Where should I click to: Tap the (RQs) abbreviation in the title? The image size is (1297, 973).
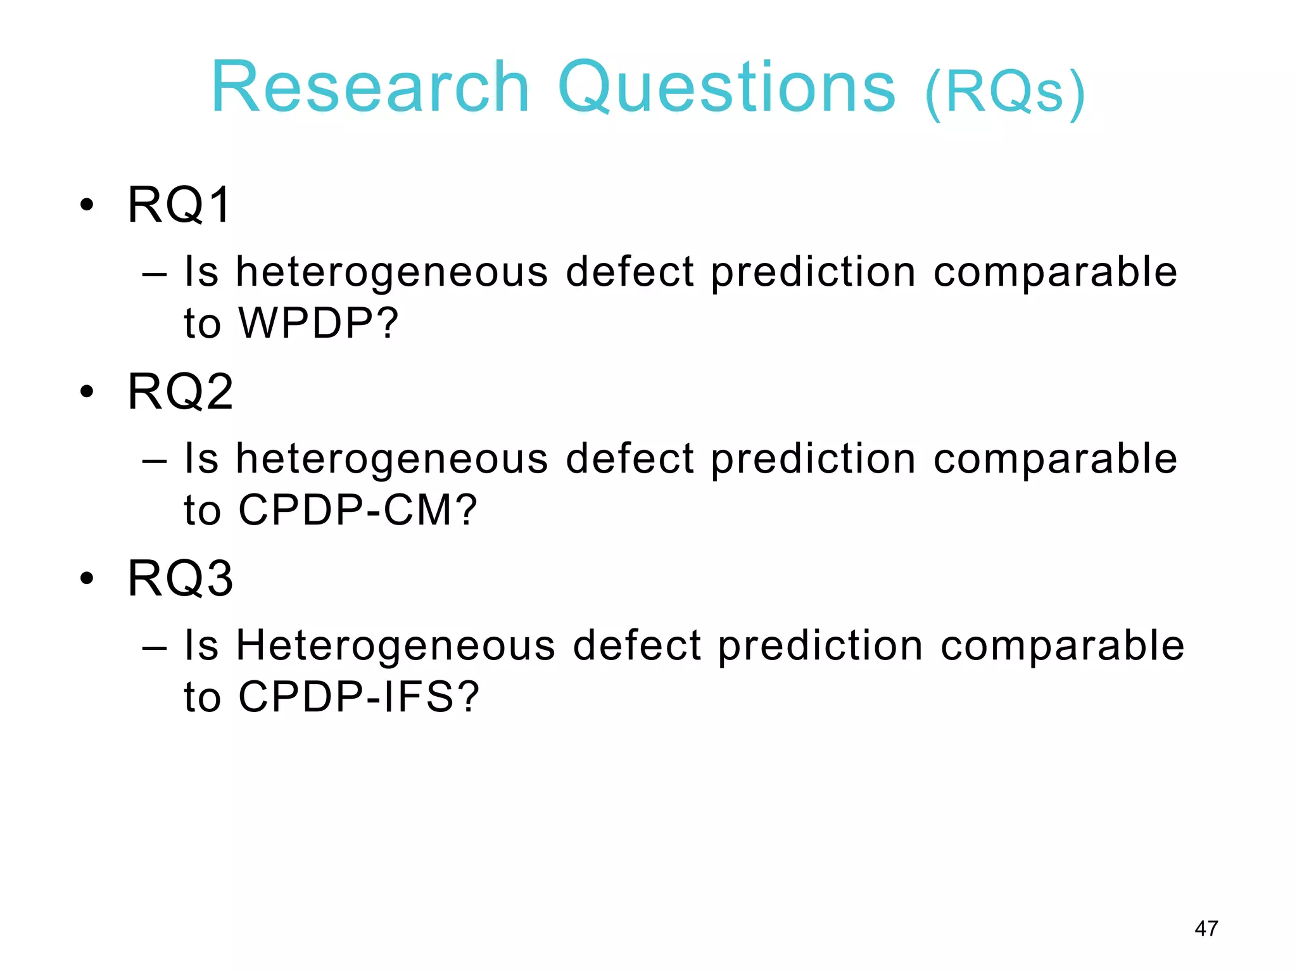point(1005,93)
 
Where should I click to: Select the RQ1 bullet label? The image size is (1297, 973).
point(179,205)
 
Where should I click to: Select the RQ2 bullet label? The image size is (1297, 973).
point(180,391)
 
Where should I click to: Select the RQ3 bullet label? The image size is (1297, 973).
point(180,578)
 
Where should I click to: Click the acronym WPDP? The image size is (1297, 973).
point(319,323)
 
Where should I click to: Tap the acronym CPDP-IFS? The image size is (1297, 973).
point(358,697)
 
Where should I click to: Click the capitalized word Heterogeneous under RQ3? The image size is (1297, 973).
point(396,646)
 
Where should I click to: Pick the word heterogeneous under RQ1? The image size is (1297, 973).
point(392,272)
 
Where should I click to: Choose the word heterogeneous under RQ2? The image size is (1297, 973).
point(392,459)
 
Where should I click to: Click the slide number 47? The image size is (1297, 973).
point(1206,929)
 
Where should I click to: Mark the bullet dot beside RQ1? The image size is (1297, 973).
point(87,205)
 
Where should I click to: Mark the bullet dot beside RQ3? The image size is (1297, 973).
point(87,579)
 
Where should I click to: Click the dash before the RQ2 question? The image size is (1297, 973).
point(155,461)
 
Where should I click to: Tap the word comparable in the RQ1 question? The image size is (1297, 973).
point(1055,272)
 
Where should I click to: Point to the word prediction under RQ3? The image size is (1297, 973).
point(821,646)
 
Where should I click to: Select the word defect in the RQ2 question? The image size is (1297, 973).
point(630,459)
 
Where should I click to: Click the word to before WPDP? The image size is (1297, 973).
point(202,323)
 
